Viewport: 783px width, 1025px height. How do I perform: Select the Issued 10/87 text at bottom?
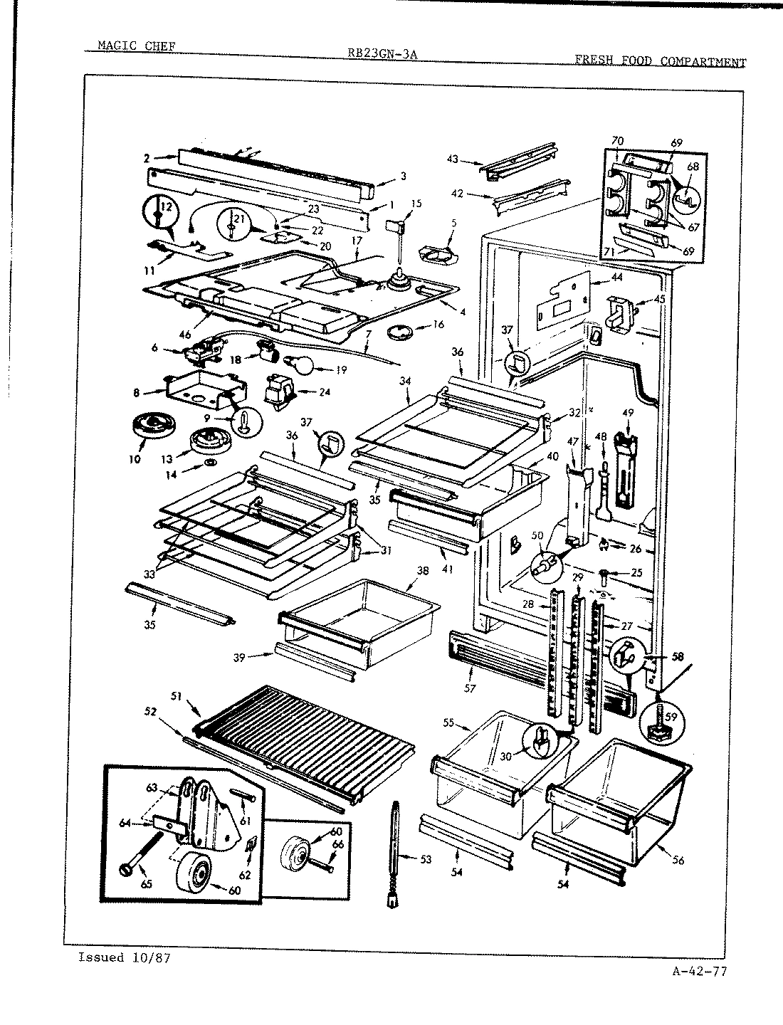[x=125, y=957]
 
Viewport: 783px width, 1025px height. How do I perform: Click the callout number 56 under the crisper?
[x=677, y=861]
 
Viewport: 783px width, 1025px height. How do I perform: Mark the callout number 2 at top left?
[x=147, y=158]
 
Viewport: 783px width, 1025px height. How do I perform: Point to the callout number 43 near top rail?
[x=453, y=159]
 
